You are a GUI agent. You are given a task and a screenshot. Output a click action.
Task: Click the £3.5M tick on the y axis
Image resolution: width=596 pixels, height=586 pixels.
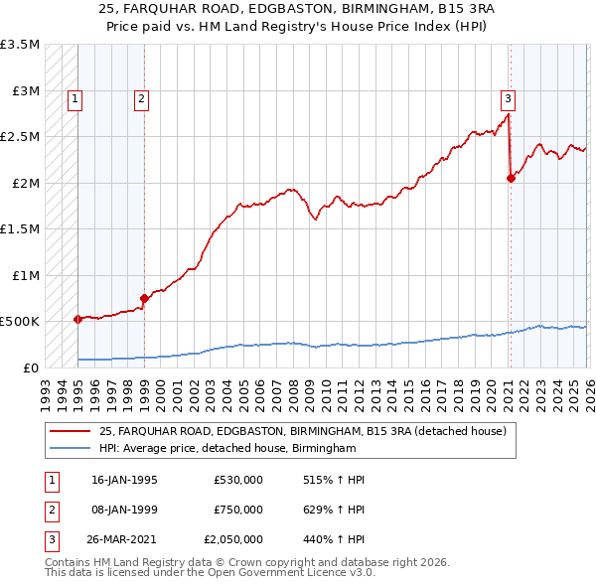[20, 45]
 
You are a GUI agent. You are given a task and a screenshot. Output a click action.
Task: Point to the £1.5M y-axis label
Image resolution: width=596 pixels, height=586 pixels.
[20, 228]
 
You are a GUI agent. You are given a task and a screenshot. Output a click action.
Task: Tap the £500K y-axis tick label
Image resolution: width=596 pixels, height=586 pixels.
[20, 321]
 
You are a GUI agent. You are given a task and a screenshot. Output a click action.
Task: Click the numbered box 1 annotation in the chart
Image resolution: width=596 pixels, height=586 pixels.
[76, 98]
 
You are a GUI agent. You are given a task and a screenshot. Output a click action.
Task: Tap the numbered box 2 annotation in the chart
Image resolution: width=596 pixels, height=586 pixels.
[142, 98]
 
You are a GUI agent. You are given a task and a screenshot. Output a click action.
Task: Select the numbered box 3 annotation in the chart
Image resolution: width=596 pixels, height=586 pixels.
[508, 98]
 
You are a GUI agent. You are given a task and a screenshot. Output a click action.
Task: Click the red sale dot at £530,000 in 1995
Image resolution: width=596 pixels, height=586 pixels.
[77, 319]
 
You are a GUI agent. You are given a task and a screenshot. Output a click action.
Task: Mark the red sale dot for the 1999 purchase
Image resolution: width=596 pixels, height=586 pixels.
[144, 298]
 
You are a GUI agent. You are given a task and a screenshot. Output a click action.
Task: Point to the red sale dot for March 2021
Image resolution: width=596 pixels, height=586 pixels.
[511, 179]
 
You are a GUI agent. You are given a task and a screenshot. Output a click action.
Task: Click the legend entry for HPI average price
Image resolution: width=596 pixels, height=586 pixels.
[226, 448]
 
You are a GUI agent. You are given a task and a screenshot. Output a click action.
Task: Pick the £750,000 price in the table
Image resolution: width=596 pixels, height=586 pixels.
[238, 510]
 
